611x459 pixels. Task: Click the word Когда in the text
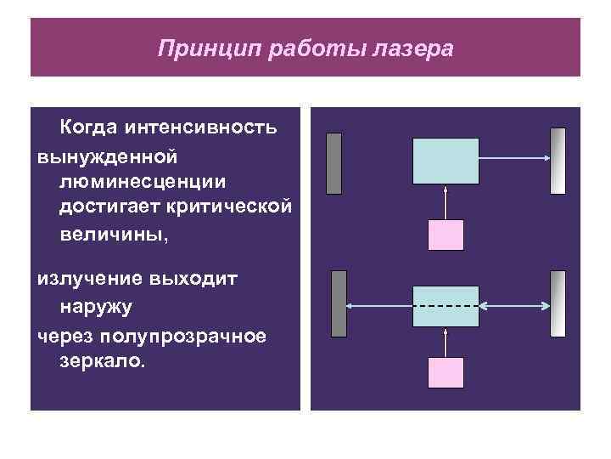[87, 128]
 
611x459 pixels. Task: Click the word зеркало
[103, 362]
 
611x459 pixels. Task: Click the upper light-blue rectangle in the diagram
[445, 161]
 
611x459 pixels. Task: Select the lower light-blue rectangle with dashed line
[445, 306]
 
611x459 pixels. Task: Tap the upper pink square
[446, 236]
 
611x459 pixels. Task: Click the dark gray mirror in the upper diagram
[334, 163]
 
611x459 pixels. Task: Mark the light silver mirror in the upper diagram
[558, 161]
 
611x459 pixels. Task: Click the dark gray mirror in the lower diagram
[339, 304]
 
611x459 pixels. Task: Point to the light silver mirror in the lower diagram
[558, 304]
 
